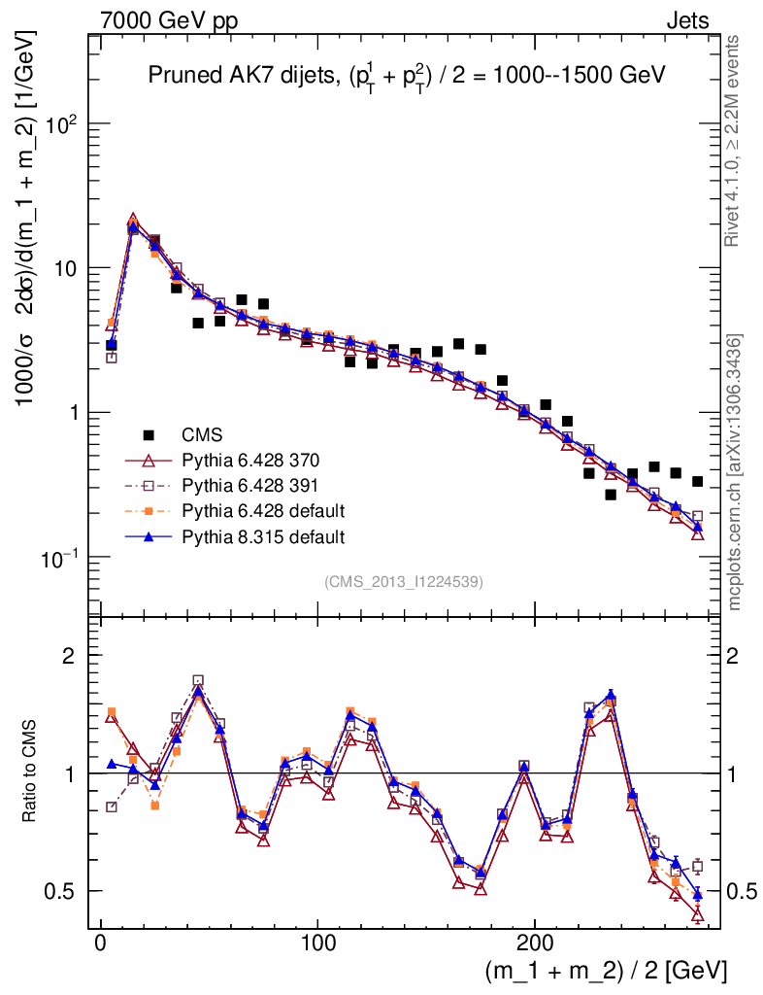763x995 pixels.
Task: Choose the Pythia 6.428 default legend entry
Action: (x=262, y=510)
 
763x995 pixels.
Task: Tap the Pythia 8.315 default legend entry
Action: (x=262, y=535)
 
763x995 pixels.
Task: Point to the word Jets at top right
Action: (x=687, y=19)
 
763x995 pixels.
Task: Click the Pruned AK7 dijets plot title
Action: (x=405, y=77)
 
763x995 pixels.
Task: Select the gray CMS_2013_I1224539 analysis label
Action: (x=404, y=581)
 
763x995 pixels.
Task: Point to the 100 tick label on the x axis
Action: (x=318, y=941)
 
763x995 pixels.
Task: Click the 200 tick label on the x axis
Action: (x=536, y=941)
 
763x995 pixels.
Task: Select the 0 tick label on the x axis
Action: (x=100, y=941)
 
